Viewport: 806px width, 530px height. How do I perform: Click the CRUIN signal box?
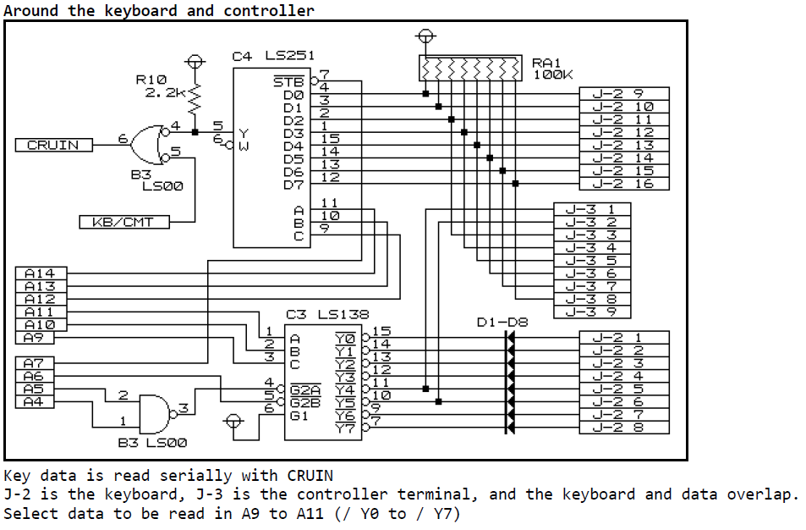point(53,145)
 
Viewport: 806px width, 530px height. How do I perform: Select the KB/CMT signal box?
point(123,222)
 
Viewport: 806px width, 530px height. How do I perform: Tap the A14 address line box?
point(41,273)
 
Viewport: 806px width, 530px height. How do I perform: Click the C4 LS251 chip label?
point(273,56)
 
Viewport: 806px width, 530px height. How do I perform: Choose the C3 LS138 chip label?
point(327,314)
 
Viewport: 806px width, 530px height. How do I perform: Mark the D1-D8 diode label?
point(502,322)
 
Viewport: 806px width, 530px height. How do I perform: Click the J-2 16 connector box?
point(623,183)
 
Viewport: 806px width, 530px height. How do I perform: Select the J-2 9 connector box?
point(623,94)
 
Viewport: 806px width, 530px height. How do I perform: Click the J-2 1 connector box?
point(623,338)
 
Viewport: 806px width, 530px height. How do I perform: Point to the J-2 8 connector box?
point(623,428)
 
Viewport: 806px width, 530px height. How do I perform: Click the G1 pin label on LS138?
point(299,415)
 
